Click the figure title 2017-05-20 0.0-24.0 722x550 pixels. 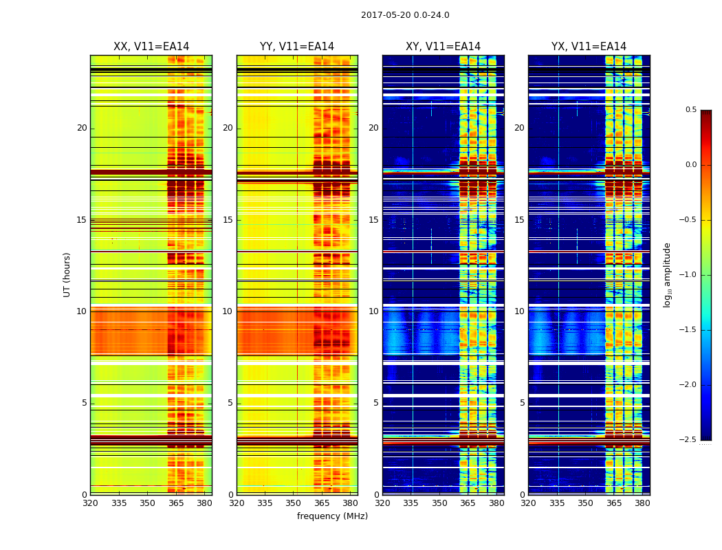[405, 15]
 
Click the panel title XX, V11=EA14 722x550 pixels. [151, 47]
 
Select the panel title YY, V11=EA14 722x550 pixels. [297, 47]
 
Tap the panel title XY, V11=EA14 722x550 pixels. [443, 47]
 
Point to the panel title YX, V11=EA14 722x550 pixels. [589, 47]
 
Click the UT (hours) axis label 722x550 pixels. [67, 274]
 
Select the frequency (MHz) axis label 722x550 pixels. [332, 516]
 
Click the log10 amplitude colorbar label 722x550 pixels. [667, 274]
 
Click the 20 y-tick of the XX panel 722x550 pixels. [82, 128]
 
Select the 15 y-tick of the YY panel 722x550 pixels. [228, 220]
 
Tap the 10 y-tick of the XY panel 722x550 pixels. [373, 311]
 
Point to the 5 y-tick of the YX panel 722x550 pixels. [522, 403]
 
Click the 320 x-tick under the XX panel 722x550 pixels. [90, 503]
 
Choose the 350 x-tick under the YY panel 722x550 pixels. [294, 503]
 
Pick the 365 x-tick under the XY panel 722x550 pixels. [468, 503]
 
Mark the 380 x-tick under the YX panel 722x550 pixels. [642, 503]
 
